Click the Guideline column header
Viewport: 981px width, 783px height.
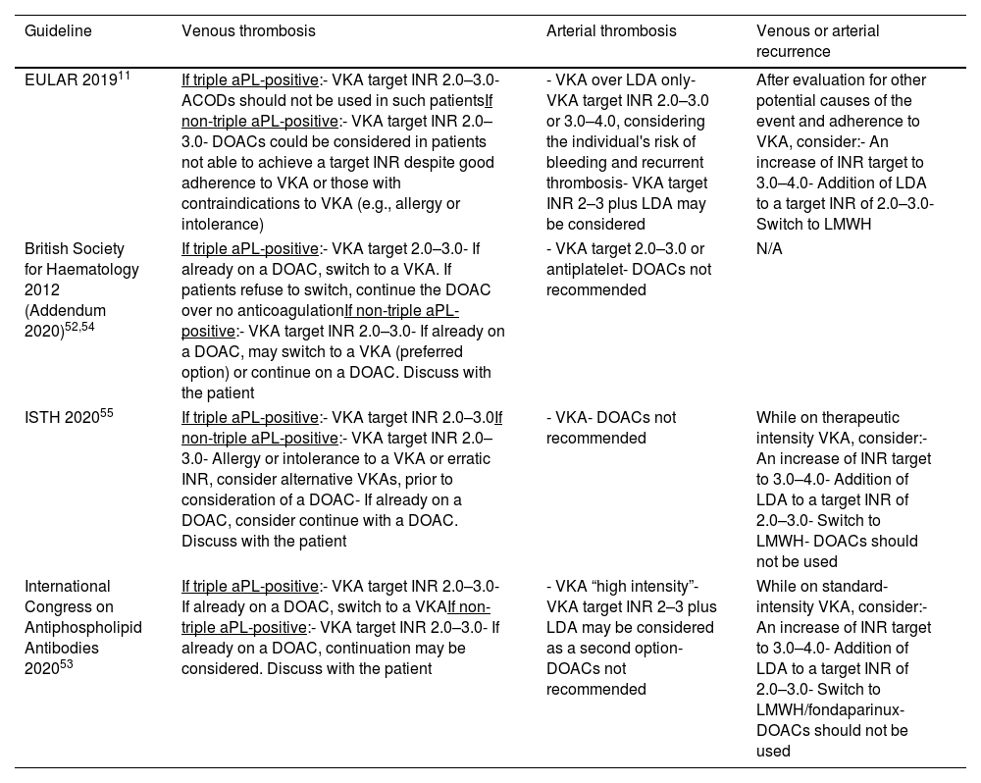[58, 31]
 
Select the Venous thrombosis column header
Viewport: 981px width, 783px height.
[248, 31]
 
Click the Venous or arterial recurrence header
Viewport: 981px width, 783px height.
[817, 41]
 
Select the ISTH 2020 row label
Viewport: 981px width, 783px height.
[62, 419]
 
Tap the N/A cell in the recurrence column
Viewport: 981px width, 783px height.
[769, 249]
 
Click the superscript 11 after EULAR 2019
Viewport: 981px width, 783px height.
[125, 76]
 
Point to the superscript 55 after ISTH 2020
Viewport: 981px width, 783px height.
[106, 414]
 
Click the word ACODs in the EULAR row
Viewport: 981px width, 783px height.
[205, 101]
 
